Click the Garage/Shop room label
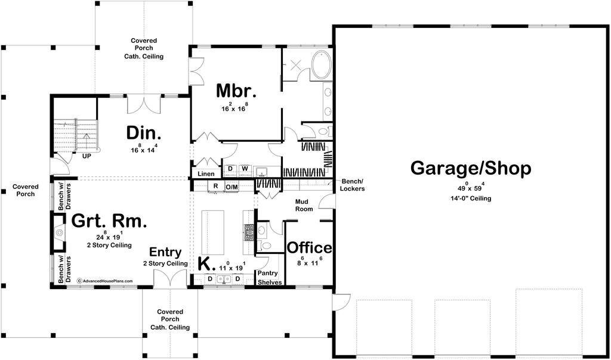point(471,169)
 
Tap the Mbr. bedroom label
point(236,91)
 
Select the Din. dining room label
point(143,133)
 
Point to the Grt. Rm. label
point(109,221)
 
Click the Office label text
point(310,247)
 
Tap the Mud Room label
point(304,205)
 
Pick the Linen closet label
point(206,174)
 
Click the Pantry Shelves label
point(270,278)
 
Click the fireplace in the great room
point(59,232)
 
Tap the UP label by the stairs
point(87,156)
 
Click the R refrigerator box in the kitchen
point(215,187)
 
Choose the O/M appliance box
point(232,187)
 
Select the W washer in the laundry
point(245,169)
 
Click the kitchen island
point(212,232)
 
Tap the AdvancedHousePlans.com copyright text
point(104,281)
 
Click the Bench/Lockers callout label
point(352,185)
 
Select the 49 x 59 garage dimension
point(471,188)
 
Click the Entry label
point(165,252)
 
